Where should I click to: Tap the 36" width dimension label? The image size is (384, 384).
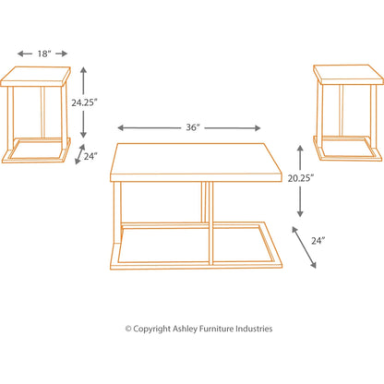[192, 128]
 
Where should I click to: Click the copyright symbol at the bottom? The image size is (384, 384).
[129, 329]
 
